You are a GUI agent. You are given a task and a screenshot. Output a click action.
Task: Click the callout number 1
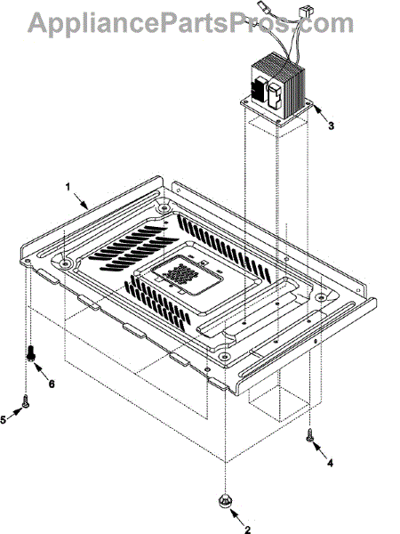[x=68, y=187]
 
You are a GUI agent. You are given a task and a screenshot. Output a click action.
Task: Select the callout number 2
[x=248, y=529]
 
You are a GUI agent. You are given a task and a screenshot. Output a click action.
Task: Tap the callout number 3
[x=331, y=125]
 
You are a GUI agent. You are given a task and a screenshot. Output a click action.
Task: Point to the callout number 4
[x=330, y=463]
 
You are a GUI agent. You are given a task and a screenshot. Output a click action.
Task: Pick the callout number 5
[x=3, y=419]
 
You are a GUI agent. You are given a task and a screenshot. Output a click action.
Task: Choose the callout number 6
[x=52, y=384]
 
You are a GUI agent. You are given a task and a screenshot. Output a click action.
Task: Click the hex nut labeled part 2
[x=225, y=500]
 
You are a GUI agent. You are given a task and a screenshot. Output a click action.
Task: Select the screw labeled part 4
[x=310, y=435]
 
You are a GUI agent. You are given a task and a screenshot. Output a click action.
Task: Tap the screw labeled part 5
[x=25, y=400]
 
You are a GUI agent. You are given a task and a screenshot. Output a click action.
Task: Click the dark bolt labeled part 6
[x=31, y=353]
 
